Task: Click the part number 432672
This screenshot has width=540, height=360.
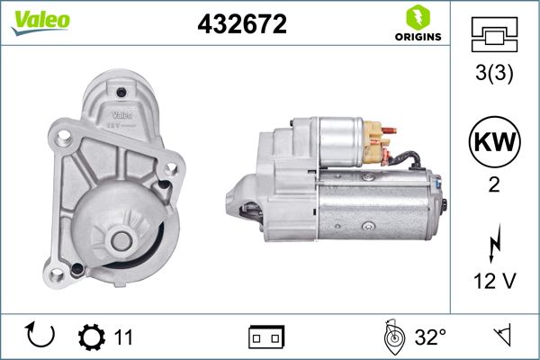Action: click(x=242, y=25)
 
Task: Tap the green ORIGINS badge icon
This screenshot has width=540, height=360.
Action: click(x=417, y=17)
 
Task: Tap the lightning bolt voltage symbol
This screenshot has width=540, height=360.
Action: click(x=493, y=245)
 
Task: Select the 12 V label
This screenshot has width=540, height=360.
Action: click(x=493, y=282)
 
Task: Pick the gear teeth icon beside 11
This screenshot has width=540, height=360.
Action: click(x=91, y=337)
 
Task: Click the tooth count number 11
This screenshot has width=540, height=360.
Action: click(x=123, y=337)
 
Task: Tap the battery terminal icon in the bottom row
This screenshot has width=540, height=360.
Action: click(x=266, y=337)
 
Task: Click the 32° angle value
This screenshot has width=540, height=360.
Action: click(x=430, y=337)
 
